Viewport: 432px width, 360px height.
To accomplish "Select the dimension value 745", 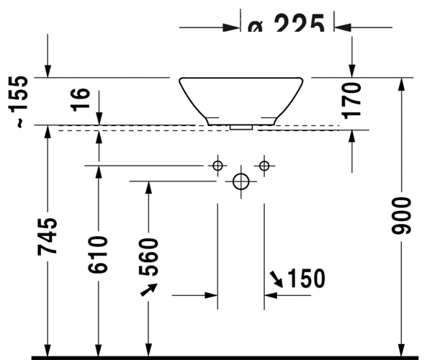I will click(x=49, y=236).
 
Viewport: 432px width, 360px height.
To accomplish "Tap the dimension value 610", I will click(x=99, y=253).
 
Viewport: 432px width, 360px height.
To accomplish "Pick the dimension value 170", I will click(x=351, y=99).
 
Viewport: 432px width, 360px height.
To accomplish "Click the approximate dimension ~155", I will click(x=22, y=101).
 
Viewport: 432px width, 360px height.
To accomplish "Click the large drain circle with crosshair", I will click(x=241, y=181).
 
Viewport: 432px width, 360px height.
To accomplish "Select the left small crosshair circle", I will click(x=217, y=166).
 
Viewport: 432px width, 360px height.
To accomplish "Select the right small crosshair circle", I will click(x=264, y=166).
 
